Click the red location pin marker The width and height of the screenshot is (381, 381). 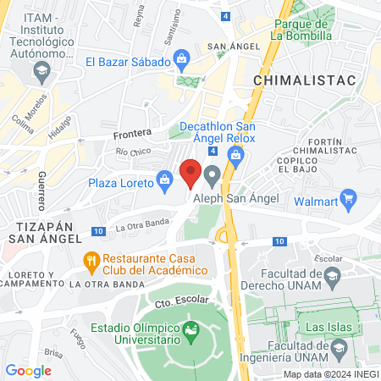(191, 173)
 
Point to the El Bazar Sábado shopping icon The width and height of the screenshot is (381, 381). (180, 58)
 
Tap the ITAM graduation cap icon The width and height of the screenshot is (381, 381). (39, 74)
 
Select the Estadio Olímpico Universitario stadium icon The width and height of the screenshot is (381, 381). (191, 327)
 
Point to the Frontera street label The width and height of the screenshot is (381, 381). (132, 133)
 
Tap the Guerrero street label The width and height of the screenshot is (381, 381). (40, 191)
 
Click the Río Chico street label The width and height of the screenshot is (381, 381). (133, 152)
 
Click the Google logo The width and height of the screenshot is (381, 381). (28, 370)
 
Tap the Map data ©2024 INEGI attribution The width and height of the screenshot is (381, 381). (330, 373)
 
